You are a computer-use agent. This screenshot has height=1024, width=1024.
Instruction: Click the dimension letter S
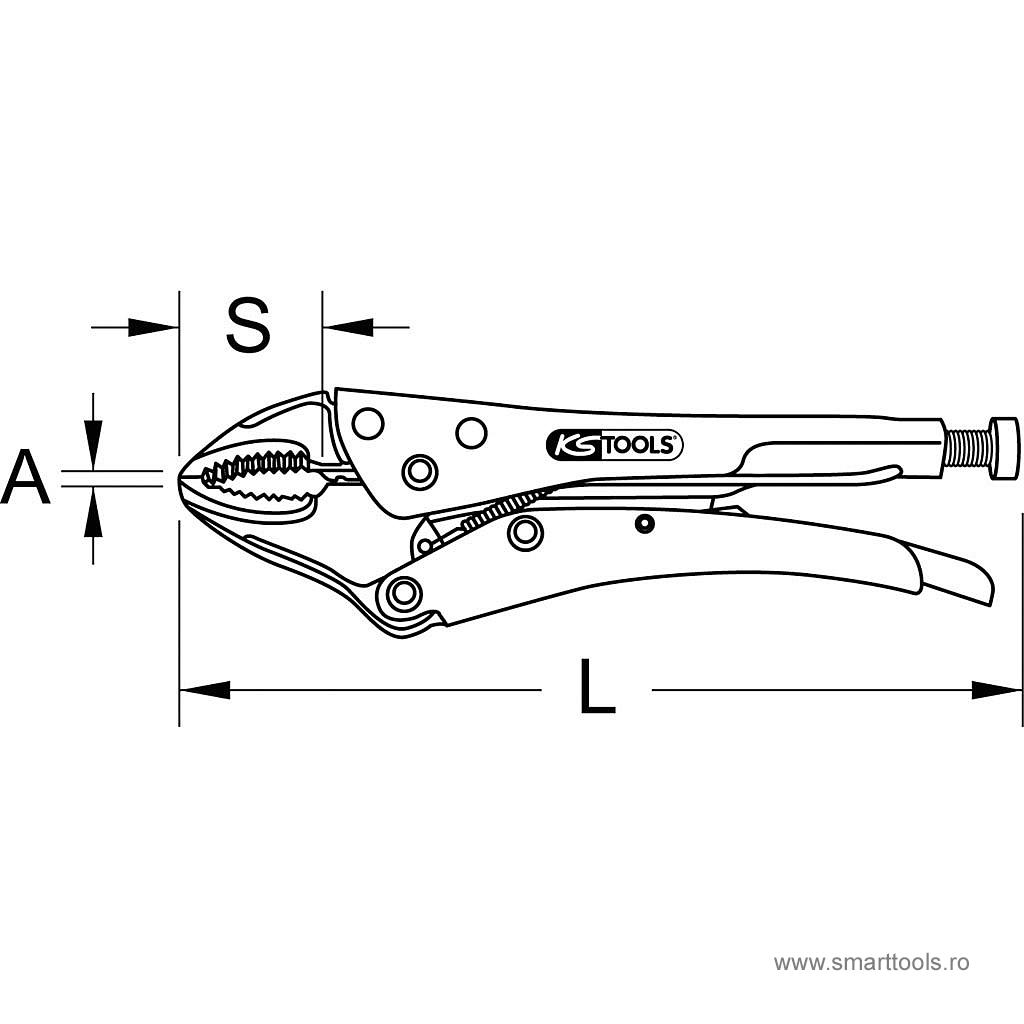pos(248,326)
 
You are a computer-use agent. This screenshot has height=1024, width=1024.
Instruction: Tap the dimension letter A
pos(26,478)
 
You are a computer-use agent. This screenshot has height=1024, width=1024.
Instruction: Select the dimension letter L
pos(597,688)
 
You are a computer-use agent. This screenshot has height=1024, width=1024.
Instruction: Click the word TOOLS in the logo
pos(641,446)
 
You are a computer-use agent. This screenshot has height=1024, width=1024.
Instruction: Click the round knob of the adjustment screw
pos(1003,449)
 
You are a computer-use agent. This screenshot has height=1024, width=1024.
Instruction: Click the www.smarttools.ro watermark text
pos(872,963)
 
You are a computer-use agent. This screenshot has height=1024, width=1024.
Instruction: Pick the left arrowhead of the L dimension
pos(204,689)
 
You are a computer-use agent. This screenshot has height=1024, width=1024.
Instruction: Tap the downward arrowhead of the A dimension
pos(93,444)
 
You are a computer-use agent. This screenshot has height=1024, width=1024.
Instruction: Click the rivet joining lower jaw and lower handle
pos(405,594)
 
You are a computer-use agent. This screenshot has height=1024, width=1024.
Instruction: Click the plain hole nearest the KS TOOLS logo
pos(471,432)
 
